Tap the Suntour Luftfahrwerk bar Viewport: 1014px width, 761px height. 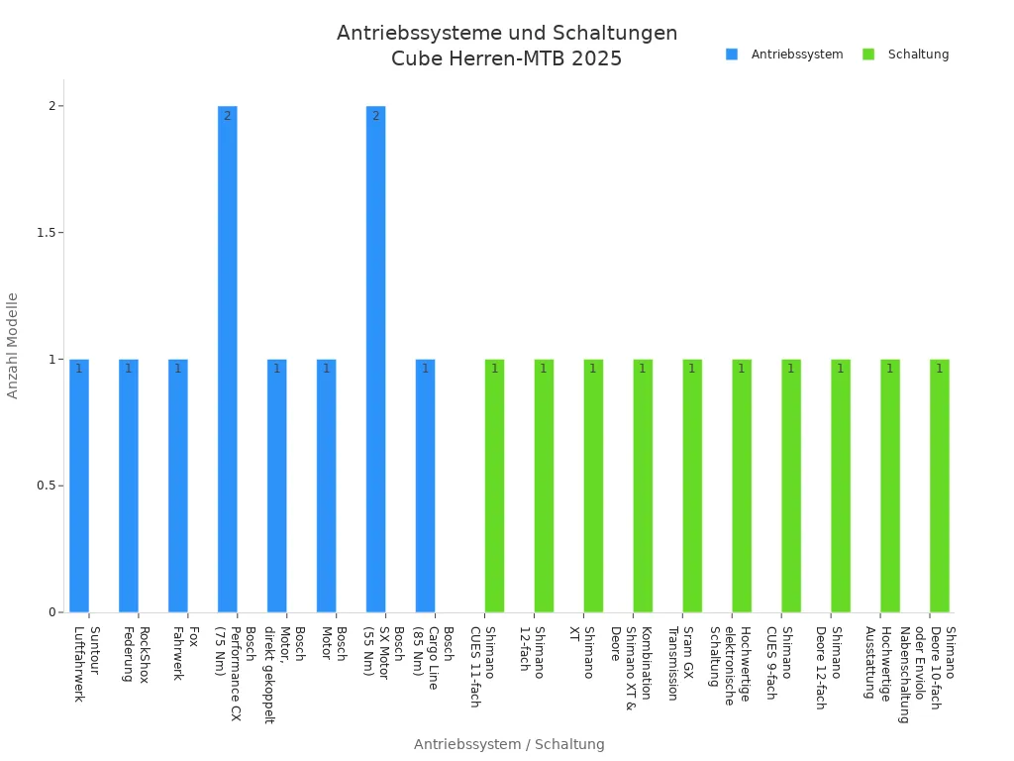coord(79,486)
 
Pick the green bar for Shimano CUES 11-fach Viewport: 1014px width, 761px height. coord(494,486)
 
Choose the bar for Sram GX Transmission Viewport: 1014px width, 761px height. coord(692,486)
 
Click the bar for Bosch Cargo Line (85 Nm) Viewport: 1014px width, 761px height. coord(425,486)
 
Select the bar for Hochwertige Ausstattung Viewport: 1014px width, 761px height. coord(890,486)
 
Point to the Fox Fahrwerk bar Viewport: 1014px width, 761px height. coord(178,486)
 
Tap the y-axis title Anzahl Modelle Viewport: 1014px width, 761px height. coord(13,345)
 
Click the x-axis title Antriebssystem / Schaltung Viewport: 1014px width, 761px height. coord(509,744)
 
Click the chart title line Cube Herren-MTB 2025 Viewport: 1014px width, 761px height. coord(507,58)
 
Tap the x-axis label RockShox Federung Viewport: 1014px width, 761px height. coord(136,654)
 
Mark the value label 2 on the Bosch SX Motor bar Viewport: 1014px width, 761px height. coord(375,116)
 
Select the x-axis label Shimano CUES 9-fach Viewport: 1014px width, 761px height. coord(779,662)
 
